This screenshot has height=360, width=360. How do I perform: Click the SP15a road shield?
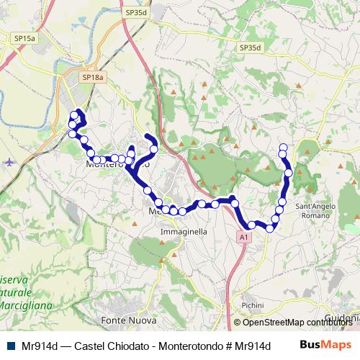pyautogui.click(x=24, y=37)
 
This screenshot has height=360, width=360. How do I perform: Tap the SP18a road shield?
pyautogui.click(x=93, y=76)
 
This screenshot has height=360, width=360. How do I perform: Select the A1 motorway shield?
pyautogui.click(x=244, y=236)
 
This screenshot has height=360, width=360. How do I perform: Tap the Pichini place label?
pyautogui.click(x=253, y=306)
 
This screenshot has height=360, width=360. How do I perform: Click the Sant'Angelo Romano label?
pyautogui.click(x=316, y=210)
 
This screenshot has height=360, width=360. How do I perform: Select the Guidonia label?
pyautogui.click(x=342, y=318)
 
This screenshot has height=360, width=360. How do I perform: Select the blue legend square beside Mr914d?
pyautogui.click(x=10, y=346)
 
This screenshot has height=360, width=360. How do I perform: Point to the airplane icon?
pyautogui.click(x=9, y=161)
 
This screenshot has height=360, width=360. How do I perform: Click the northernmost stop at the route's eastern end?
pyautogui.click(x=283, y=148)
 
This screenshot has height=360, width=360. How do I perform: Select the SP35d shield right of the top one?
pyautogui.click(x=251, y=48)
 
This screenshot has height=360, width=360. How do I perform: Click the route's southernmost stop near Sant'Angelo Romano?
pyautogui.click(x=270, y=228)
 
